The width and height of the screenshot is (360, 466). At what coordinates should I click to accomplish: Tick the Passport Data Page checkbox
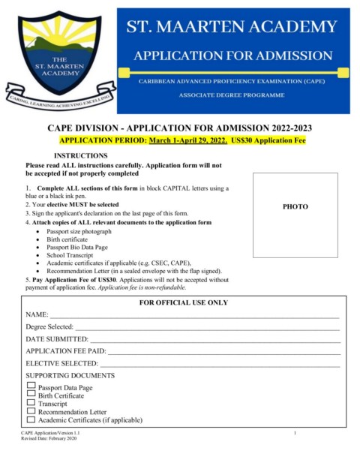(31, 386)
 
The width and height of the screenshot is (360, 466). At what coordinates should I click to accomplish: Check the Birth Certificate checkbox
(31, 395)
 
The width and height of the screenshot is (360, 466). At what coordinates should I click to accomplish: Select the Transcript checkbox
(31, 403)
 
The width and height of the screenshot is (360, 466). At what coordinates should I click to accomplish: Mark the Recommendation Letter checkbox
(31, 411)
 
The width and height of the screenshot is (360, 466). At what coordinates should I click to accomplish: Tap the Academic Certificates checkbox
(31, 419)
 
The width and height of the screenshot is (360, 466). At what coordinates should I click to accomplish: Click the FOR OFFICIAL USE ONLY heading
(184, 302)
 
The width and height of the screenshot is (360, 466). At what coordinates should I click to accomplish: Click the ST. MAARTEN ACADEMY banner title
(232, 29)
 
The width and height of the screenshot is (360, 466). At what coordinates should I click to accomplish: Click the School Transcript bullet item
(70, 256)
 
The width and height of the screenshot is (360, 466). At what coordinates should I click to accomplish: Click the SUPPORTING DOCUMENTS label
(70, 375)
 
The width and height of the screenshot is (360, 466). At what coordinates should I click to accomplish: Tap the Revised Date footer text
(49, 438)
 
